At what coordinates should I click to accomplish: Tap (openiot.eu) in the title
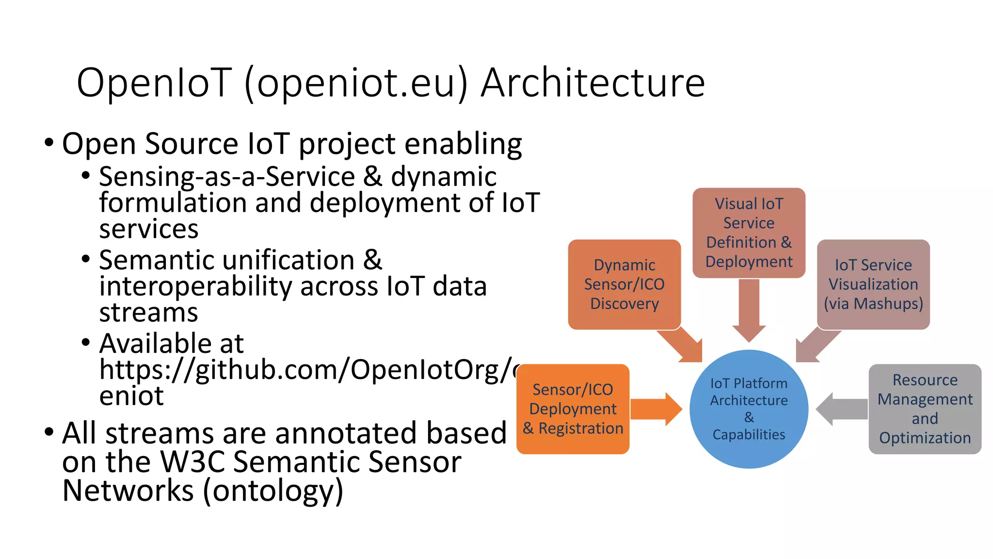tap(356, 83)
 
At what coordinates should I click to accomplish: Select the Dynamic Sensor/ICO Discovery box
tap(624, 284)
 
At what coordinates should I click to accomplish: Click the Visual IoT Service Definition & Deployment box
tap(749, 232)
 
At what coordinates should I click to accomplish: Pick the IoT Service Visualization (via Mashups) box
tap(873, 284)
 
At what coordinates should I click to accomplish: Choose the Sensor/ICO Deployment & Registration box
tap(573, 409)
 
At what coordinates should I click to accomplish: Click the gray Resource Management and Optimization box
tap(925, 409)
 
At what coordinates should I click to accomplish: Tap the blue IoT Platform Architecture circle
tap(749, 409)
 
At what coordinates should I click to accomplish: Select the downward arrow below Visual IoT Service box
tap(749, 311)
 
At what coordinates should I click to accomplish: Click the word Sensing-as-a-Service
tap(227, 177)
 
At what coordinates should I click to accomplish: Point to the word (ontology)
tap(273, 491)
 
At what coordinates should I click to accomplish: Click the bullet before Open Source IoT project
tap(49, 143)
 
